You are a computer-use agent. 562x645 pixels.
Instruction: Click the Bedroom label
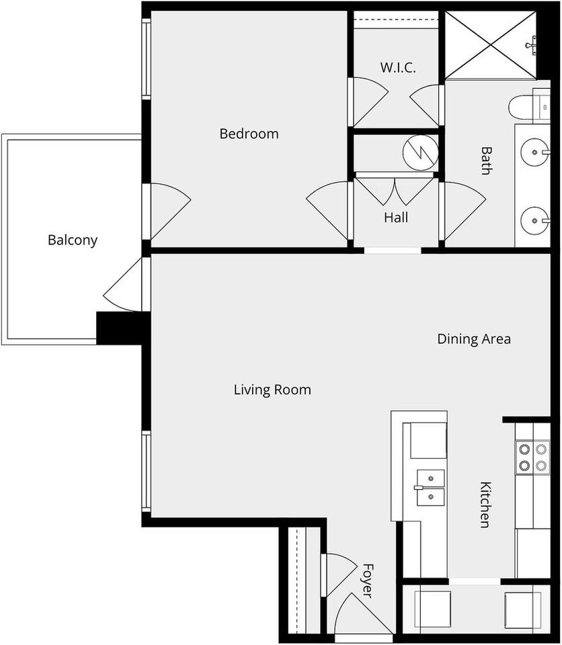(249, 134)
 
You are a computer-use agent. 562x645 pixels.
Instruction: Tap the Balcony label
(73, 240)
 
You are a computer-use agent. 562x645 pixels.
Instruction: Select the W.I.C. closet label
(398, 67)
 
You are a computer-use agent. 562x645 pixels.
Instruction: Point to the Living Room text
(272, 390)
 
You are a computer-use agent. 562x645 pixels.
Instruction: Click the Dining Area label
(474, 339)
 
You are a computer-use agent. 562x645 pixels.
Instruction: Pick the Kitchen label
(486, 505)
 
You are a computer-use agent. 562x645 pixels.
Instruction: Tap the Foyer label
(367, 580)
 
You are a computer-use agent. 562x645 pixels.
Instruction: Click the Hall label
(396, 217)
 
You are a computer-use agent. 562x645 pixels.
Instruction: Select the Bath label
(487, 161)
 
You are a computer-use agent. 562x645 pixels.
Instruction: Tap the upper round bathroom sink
(535, 153)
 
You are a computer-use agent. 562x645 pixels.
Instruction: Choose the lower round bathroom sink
(535, 221)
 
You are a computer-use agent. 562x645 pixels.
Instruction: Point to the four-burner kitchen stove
(533, 457)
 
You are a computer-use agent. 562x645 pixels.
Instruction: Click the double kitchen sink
(430, 488)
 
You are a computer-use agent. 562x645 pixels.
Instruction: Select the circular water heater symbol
(420, 153)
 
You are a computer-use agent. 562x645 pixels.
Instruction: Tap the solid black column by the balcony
(119, 328)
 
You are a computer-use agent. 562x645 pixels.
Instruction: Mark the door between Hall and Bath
(463, 211)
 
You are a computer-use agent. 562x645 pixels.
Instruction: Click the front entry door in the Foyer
(363, 615)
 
